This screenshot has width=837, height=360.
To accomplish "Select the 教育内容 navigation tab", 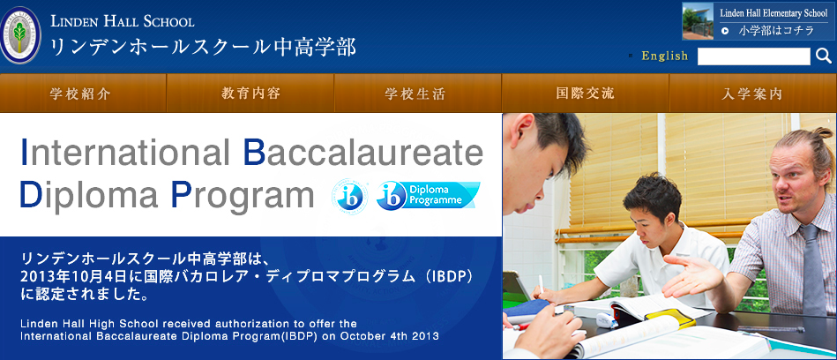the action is pos(250,94).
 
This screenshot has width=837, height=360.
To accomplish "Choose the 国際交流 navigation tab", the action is pos(585,94).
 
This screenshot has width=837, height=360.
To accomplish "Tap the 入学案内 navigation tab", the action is pos(752,94).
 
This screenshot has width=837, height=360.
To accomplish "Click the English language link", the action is pos(665,56).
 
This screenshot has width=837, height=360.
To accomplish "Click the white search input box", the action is pos(754,56).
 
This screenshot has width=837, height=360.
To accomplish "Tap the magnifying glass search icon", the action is pos(824,56).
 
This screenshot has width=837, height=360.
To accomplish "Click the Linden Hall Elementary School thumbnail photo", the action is pos(698,21).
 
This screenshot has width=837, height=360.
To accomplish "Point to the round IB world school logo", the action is pos(349,197).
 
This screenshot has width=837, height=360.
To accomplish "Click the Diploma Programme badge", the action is pos(428,196).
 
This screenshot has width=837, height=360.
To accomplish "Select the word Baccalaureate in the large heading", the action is pos(363,153).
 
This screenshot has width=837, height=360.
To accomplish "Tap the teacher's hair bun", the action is pos(822,133).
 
